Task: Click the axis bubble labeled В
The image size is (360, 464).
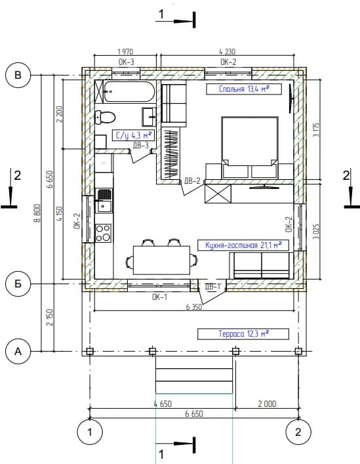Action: click(18, 75)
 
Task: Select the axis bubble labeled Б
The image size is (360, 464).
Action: click(18, 284)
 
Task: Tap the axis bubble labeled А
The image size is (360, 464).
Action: click(18, 351)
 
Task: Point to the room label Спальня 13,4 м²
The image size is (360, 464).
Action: click(244, 89)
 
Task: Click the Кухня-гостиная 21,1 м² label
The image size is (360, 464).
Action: click(243, 245)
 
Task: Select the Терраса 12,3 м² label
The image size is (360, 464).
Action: click(243, 334)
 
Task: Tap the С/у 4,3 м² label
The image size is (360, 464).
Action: click(134, 135)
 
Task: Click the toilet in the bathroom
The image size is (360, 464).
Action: click(105, 117)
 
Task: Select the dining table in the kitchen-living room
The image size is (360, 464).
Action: click(161, 260)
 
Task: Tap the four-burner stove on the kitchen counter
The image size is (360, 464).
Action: click(104, 233)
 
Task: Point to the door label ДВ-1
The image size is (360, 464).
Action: click(212, 286)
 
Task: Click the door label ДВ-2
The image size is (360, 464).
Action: click(192, 180)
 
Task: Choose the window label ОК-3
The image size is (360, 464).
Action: click(126, 62)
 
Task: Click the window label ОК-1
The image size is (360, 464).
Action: click(159, 297)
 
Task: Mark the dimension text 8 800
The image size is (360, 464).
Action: click(37, 213)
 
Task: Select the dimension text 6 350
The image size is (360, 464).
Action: click(194, 307)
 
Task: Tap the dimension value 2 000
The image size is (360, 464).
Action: click(267, 404)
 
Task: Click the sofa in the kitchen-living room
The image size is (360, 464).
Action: click(261, 265)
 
